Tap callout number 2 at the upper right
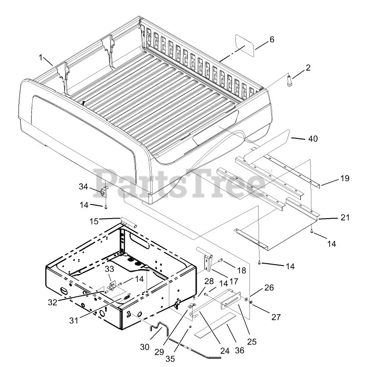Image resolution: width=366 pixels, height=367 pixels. (x=308, y=68)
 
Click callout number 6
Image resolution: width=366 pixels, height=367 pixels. (x=271, y=40)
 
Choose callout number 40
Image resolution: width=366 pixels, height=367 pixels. (x=300, y=138)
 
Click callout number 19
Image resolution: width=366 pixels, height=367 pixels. (x=345, y=179)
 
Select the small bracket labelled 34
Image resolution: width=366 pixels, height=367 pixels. (x=103, y=191)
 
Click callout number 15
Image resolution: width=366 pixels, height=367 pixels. (x=94, y=221)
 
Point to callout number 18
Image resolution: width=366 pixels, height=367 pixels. (x=241, y=270)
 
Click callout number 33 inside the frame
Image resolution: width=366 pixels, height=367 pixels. (x=109, y=270)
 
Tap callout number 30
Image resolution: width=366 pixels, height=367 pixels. (x=144, y=347)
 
